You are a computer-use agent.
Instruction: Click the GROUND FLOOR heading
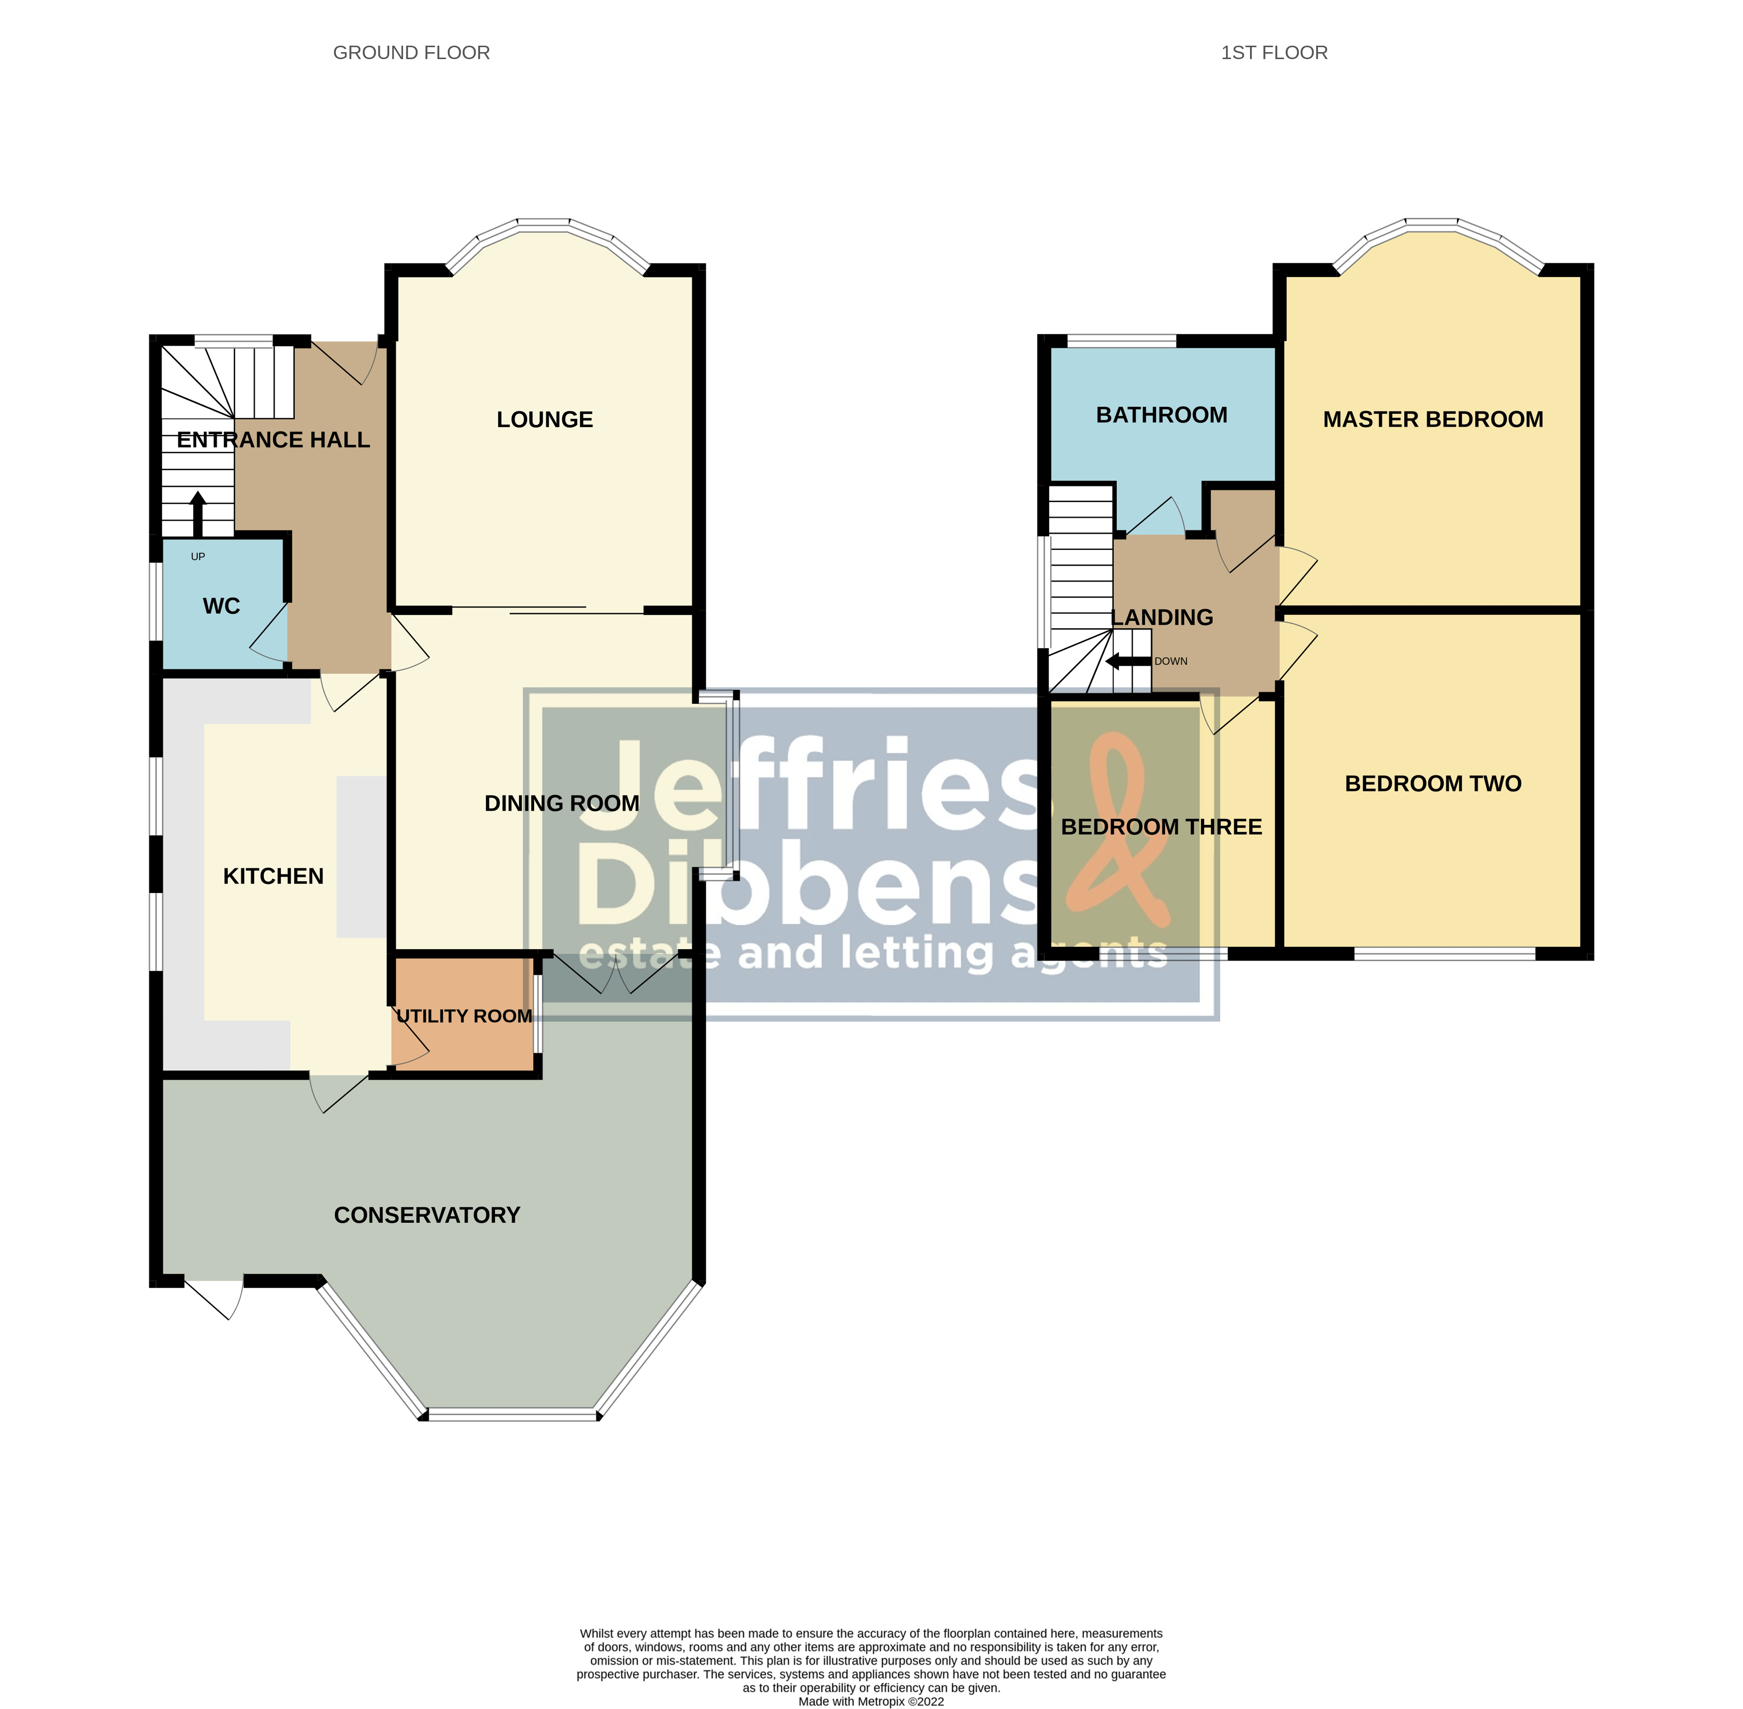coord(412,53)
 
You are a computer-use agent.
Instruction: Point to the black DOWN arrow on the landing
coord(1128,662)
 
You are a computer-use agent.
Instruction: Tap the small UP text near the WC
coord(197,556)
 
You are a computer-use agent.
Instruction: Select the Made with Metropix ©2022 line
coord(871,1701)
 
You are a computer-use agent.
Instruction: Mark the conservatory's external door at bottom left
coord(214,1297)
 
